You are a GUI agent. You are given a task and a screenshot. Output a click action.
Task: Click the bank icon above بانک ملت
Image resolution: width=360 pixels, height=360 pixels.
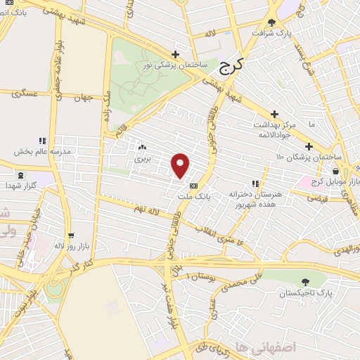[194, 186]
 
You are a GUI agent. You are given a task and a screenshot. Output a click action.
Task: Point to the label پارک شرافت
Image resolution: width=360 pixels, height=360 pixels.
[271, 32]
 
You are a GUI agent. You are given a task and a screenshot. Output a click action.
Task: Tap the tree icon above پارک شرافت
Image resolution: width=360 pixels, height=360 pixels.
[272, 22]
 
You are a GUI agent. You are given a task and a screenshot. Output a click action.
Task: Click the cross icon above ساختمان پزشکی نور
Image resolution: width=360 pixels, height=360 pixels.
[175, 55]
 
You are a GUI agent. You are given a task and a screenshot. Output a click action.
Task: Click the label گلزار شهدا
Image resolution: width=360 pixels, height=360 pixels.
[21, 185]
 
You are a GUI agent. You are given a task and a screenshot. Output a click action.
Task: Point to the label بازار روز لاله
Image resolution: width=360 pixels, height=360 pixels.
[70, 246]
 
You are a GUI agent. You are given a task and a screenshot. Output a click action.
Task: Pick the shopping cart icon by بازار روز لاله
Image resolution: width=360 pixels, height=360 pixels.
[71, 236]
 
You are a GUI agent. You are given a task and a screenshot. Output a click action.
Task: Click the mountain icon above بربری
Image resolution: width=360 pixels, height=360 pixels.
[143, 148]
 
